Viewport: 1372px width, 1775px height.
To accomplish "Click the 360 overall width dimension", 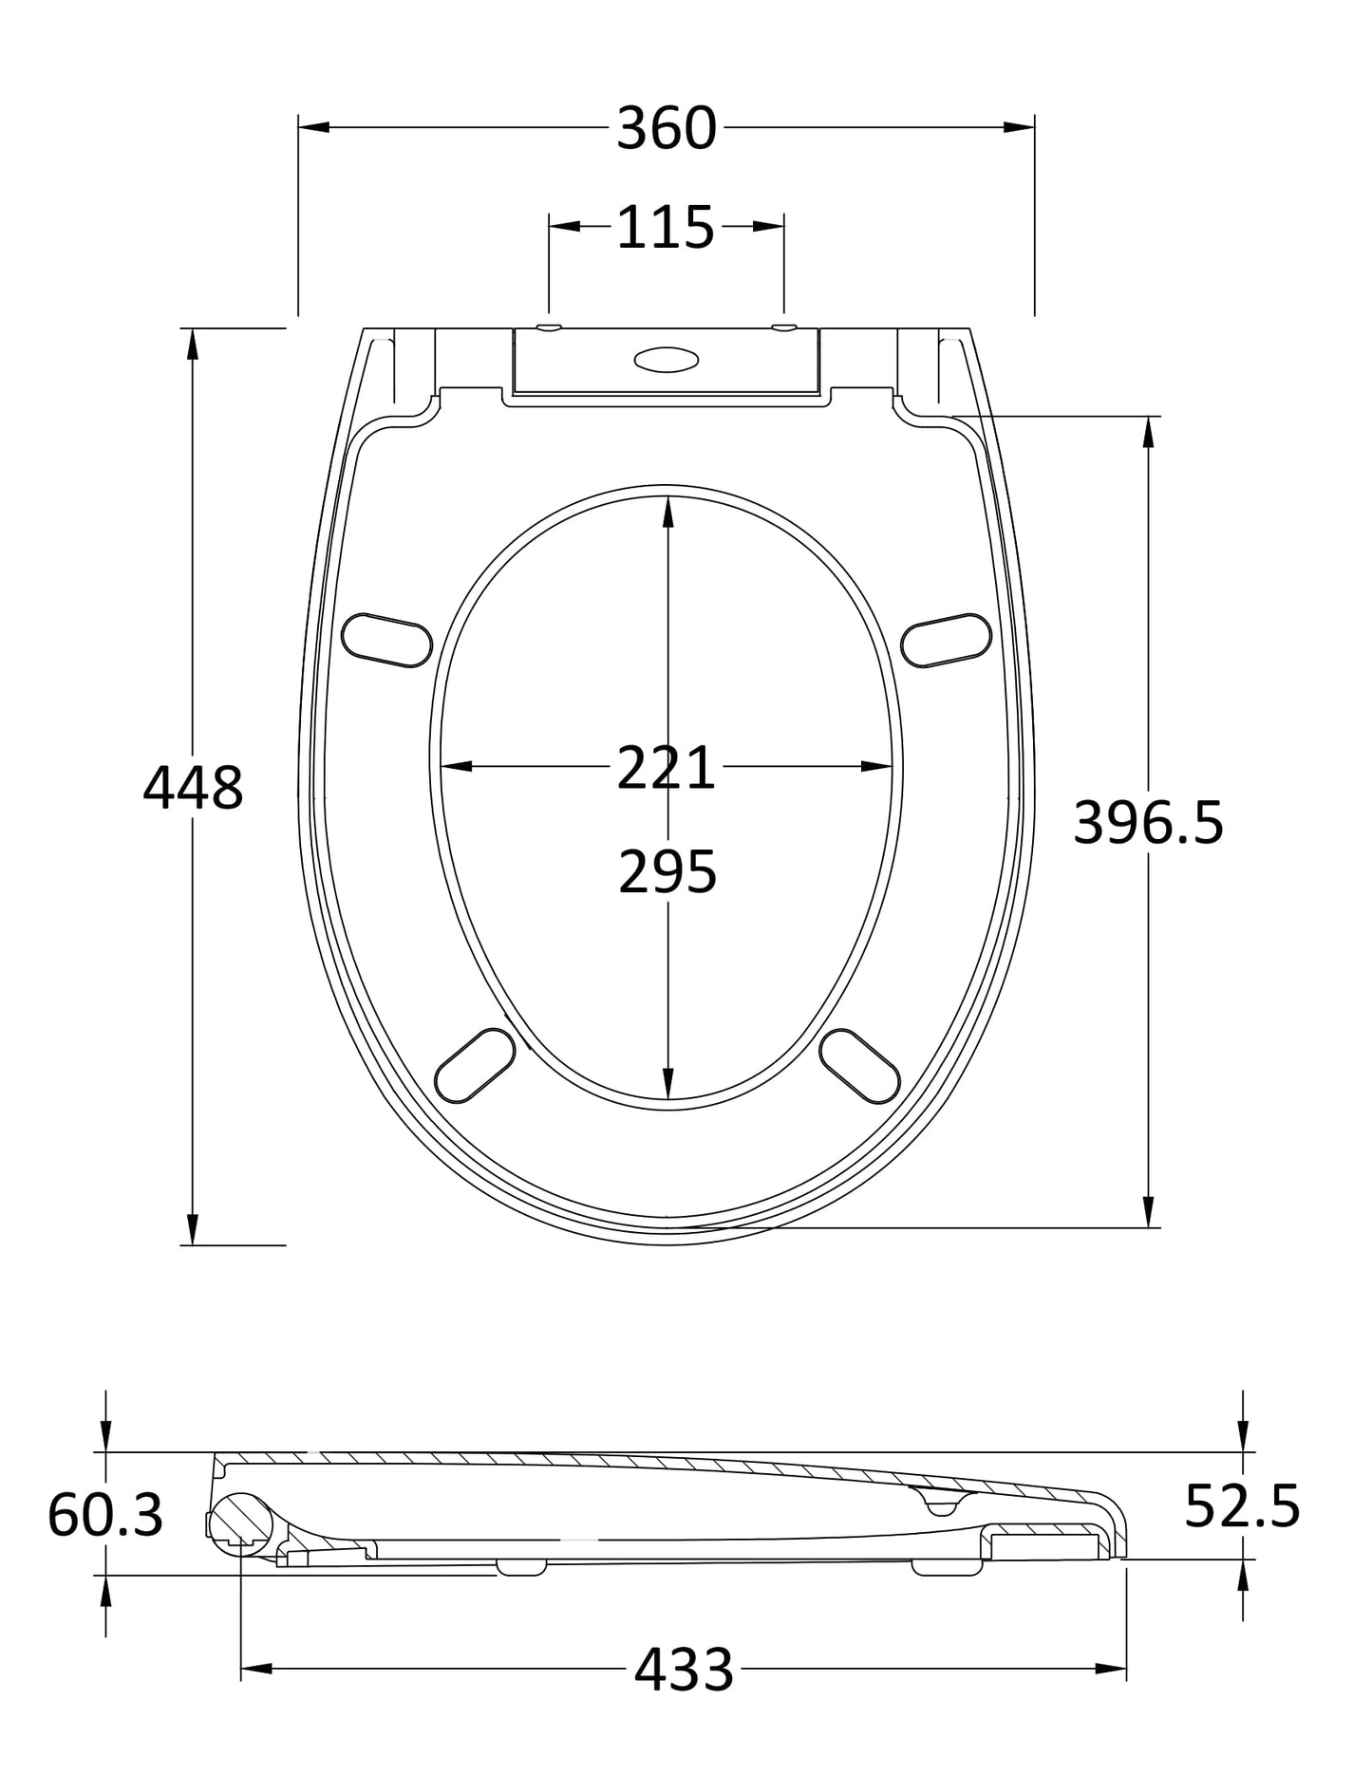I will (666, 129).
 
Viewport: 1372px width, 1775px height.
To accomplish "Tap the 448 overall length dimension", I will (193, 788).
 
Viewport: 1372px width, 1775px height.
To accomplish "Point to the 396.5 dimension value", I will (1148, 823).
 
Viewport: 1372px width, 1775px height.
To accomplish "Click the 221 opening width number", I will (666, 768).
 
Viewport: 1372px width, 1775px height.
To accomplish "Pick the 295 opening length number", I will (667, 872).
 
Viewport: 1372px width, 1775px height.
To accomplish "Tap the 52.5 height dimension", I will (1242, 1505).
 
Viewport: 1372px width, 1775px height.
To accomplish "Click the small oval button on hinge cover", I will (666, 360).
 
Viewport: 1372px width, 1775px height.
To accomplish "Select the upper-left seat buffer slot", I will (386, 640).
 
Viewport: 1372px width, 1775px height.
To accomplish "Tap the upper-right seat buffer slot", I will (946, 640).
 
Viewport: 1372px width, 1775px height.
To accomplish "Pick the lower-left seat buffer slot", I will (475, 1065).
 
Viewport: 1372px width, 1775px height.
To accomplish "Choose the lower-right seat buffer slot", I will (859, 1066).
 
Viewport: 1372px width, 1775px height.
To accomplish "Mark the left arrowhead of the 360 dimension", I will (312, 126).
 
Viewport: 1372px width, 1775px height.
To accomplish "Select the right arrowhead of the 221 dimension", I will (877, 766).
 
